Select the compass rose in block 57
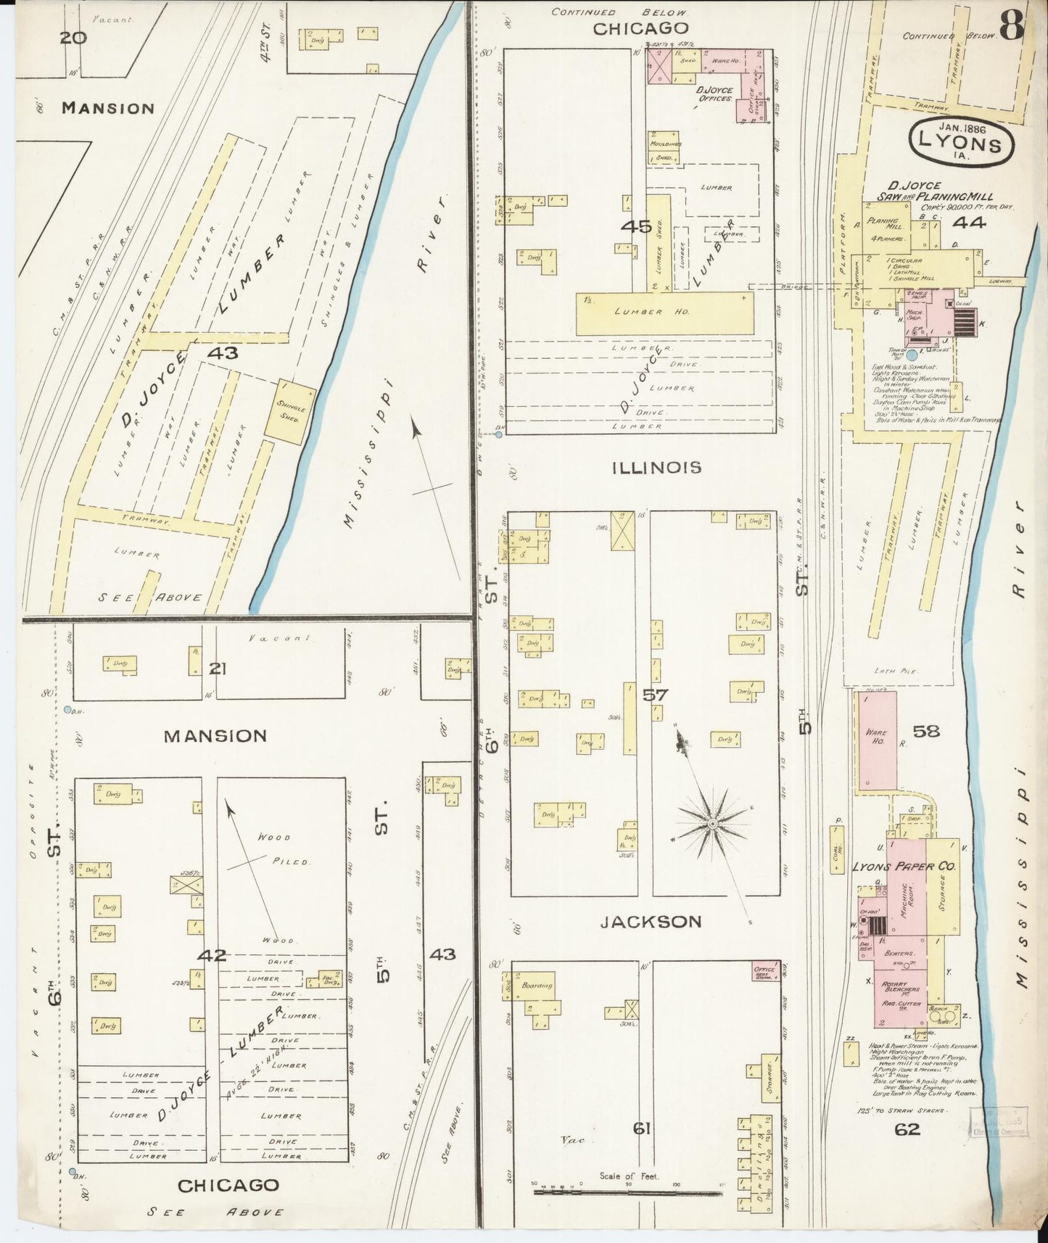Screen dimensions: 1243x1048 coord(712,825)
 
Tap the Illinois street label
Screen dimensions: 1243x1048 coord(657,468)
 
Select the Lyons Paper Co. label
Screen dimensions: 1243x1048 coord(904,866)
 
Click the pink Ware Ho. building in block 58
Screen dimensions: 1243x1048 coord(876,740)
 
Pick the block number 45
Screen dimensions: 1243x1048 coord(636,226)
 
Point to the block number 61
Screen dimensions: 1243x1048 coord(642,1128)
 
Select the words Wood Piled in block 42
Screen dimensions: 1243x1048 coord(284,849)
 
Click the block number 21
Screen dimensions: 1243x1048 coord(217,668)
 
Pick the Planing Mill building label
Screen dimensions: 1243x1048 coord(888,224)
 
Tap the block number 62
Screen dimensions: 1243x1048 coord(907,1128)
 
